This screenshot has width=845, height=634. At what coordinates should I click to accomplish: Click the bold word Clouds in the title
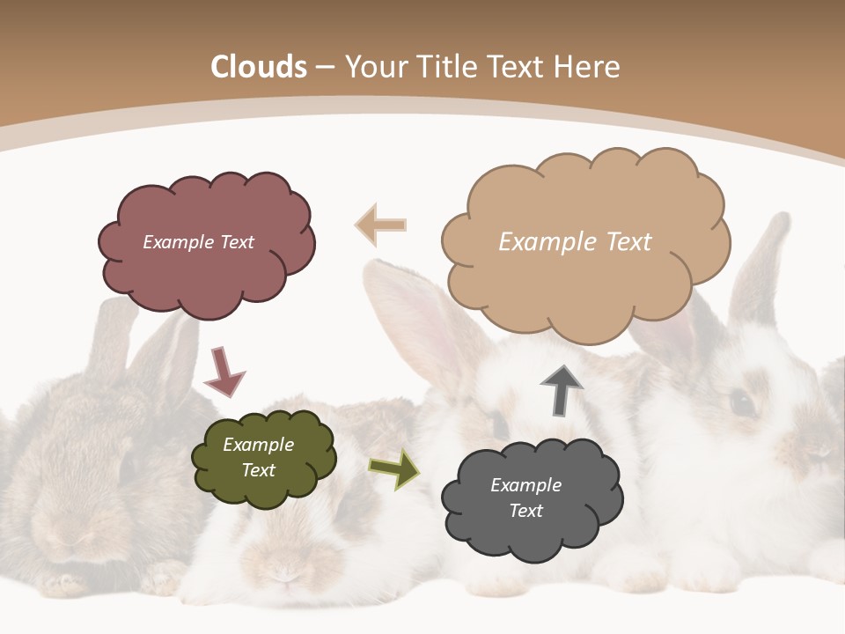pos(259,67)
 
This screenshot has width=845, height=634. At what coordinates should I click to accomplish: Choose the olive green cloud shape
pos(264,458)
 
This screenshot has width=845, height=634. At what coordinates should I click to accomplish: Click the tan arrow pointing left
pos(381,225)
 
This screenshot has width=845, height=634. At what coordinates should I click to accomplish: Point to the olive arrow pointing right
pos(393,468)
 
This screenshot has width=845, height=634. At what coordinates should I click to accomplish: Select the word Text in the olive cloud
pos(258,470)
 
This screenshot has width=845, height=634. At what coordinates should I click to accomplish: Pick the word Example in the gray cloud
pos(525,485)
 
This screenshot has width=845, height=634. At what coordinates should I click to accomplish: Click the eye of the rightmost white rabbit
pos(742,403)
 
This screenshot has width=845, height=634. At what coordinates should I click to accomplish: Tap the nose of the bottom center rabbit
pos(283,577)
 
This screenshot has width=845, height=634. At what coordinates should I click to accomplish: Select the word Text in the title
pos(518,67)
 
